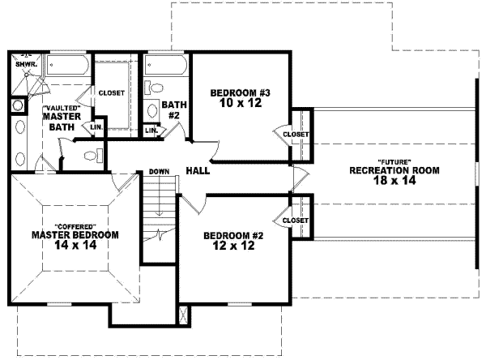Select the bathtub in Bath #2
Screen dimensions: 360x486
(x=166, y=65)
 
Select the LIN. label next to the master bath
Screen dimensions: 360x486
(x=96, y=127)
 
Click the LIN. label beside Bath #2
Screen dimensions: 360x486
(x=151, y=131)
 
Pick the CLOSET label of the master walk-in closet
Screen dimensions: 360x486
(x=112, y=92)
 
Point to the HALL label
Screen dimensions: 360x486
(x=198, y=171)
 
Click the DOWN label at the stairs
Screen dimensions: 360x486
(x=159, y=172)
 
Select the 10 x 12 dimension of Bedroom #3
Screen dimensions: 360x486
(x=239, y=104)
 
